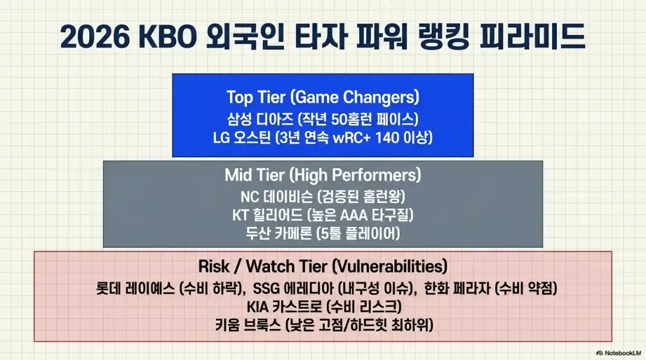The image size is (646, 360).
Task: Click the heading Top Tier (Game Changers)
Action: pyautogui.click(x=323, y=97)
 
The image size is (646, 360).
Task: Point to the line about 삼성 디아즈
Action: pyautogui.click(x=323, y=118)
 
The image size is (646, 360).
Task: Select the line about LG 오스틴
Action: pyautogui.click(x=323, y=138)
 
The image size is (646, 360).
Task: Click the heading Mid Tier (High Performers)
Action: pyautogui.click(x=323, y=175)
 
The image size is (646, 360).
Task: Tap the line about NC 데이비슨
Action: pyautogui.click(x=323, y=196)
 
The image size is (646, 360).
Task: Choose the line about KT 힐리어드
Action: pyautogui.click(x=323, y=215)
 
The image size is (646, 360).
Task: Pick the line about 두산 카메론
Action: pyautogui.click(x=323, y=233)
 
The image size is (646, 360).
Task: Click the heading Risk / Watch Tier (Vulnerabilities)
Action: pyautogui.click(x=323, y=267)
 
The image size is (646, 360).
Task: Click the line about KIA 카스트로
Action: pyautogui.click(x=323, y=306)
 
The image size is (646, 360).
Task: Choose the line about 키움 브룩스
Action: pyautogui.click(x=323, y=324)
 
